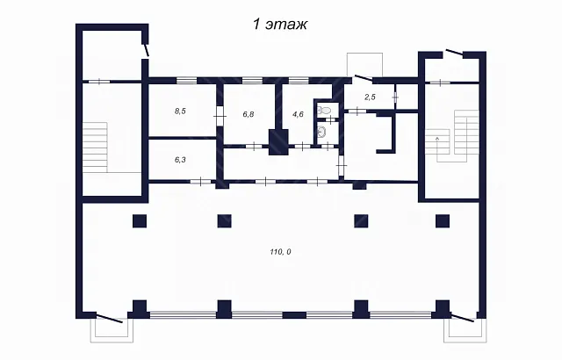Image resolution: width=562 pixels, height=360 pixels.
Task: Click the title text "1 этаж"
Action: pyautogui.click(x=280, y=25)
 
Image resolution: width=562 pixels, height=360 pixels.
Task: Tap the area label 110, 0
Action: pyautogui.click(x=280, y=252)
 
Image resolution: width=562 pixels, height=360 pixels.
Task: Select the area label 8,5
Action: pyautogui.click(x=180, y=111)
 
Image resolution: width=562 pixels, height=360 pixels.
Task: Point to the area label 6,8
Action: pyautogui.click(x=249, y=115)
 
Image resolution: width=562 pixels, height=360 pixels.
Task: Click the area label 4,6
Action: pyautogui.click(x=298, y=115)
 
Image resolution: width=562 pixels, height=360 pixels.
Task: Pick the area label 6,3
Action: pyautogui.click(x=180, y=160)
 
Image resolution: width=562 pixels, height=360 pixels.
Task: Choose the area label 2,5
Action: pyautogui.click(x=370, y=97)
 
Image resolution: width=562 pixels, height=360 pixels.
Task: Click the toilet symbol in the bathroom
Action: pyautogui.click(x=325, y=110)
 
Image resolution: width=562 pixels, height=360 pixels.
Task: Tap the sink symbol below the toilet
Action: pyautogui.click(x=322, y=133)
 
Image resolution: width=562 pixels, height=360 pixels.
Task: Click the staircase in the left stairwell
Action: pyautogui.click(x=96, y=148)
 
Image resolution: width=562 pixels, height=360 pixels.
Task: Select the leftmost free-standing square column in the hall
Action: pyautogui.click(x=140, y=221)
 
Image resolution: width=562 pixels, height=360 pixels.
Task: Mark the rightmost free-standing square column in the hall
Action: pyautogui.click(x=443, y=221)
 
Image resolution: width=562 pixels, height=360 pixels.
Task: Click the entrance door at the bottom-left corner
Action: pyautogui.click(x=110, y=318)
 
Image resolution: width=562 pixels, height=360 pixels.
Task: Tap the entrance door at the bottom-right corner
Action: pyautogui.click(x=463, y=317)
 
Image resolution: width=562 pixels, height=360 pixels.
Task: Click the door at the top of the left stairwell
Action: pyautogui.click(x=147, y=50)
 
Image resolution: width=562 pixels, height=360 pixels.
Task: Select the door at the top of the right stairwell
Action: pyautogui.click(x=454, y=53)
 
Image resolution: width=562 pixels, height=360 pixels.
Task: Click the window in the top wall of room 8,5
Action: pyautogui.click(x=187, y=81)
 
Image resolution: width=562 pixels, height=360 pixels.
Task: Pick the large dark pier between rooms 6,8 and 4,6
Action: pyautogui.click(x=278, y=142)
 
